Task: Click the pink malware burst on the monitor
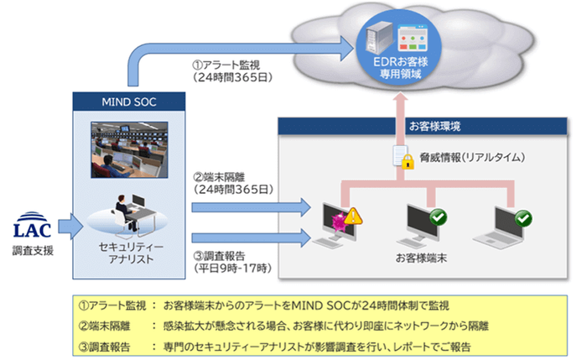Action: tap(340, 222)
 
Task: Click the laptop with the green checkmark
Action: tap(507, 228)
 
